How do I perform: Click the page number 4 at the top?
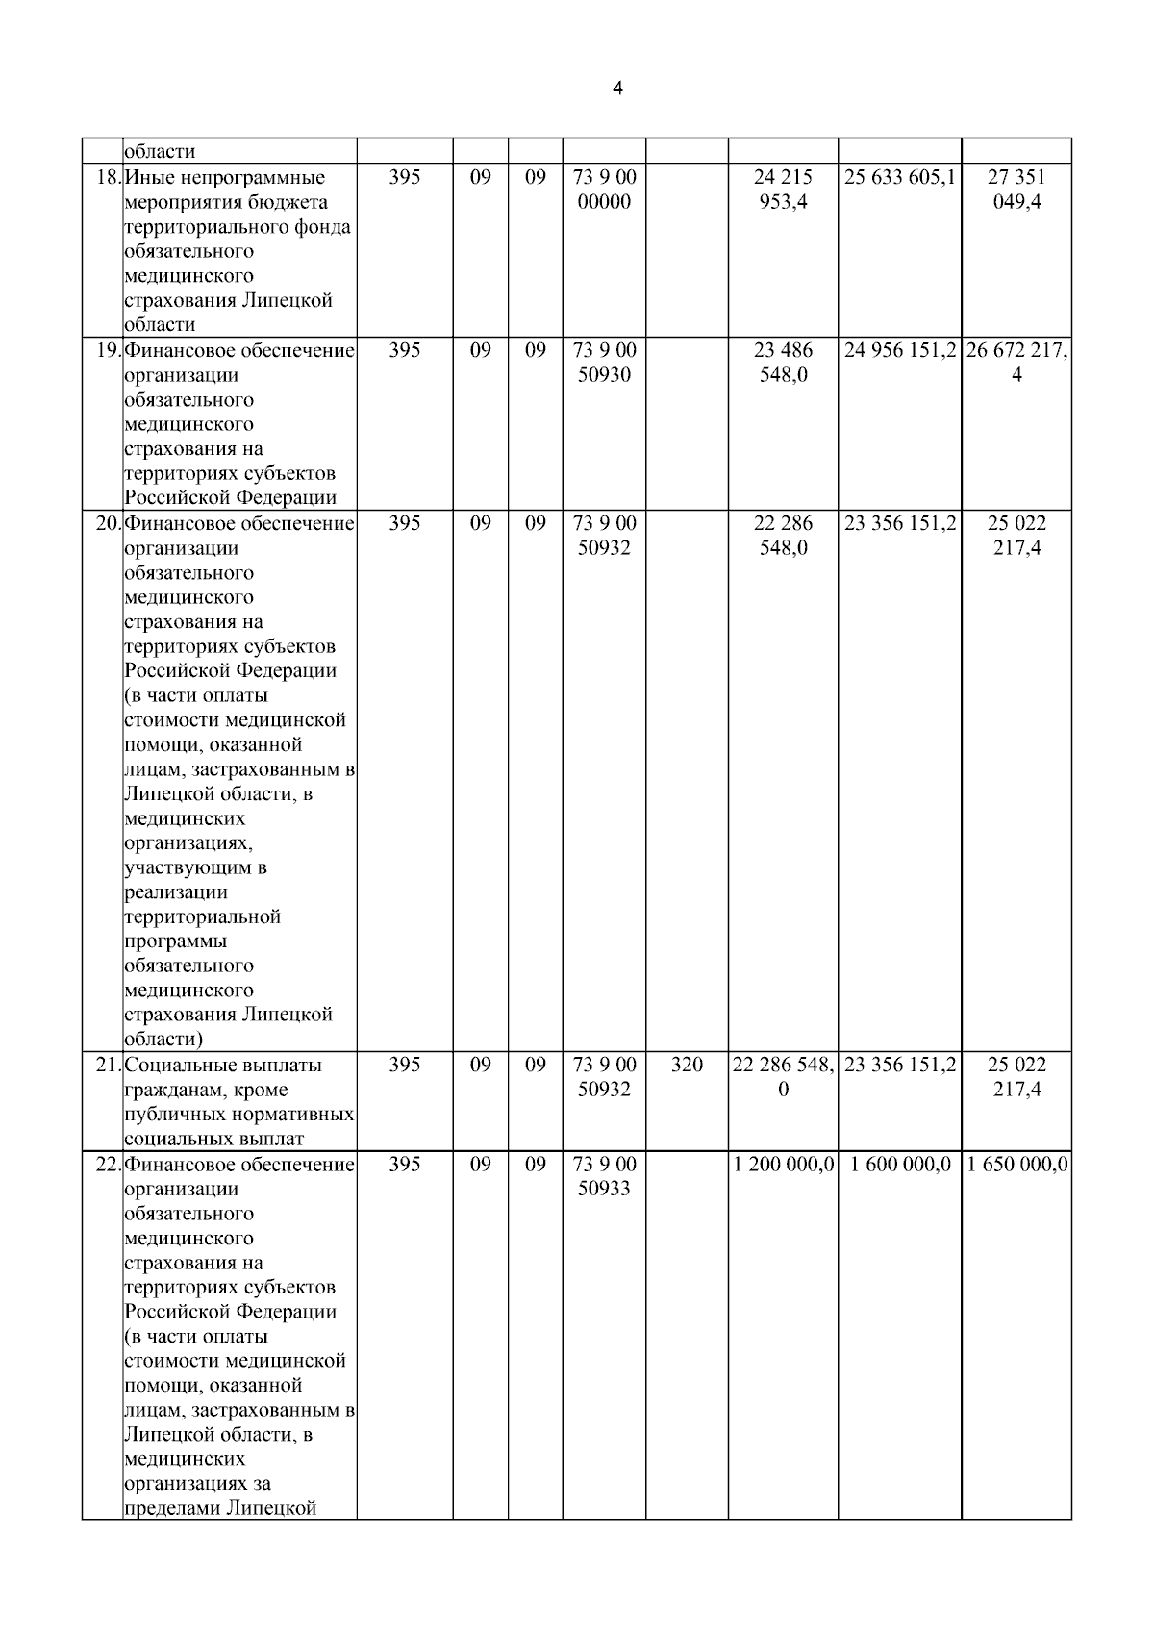click(616, 88)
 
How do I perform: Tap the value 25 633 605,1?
click(899, 178)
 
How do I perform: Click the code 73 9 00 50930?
click(604, 363)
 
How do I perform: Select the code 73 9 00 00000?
click(604, 189)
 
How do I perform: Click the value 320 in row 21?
click(686, 1066)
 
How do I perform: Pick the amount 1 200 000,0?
click(783, 1165)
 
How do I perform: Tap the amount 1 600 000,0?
click(899, 1165)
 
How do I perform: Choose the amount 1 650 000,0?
click(1016, 1165)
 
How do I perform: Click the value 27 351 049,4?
click(1016, 189)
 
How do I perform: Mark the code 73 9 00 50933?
click(604, 1176)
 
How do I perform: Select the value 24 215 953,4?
click(783, 189)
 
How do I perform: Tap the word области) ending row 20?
click(163, 1040)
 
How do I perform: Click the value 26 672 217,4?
click(1016, 363)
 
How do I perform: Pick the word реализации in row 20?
click(176, 892)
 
